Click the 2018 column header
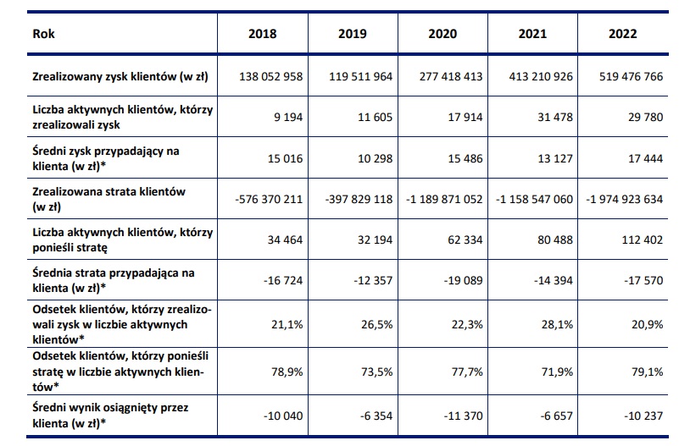(x=263, y=34)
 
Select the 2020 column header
(x=442, y=34)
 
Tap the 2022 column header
(x=623, y=34)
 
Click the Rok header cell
(x=44, y=34)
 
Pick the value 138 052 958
(x=271, y=76)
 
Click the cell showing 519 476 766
(x=631, y=76)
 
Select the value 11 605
(x=375, y=117)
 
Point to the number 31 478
(x=555, y=117)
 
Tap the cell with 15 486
(x=465, y=158)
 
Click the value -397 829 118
(x=359, y=199)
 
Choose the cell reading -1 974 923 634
(x=625, y=199)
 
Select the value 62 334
(x=465, y=240)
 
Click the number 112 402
(x=643, y=240)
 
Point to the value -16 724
(x=283, y=280)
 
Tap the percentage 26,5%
(x=377, y=325)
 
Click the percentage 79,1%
(x=648, y=372)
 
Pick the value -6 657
(x=556, y=416)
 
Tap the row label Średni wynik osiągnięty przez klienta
(x=110, y=416)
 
